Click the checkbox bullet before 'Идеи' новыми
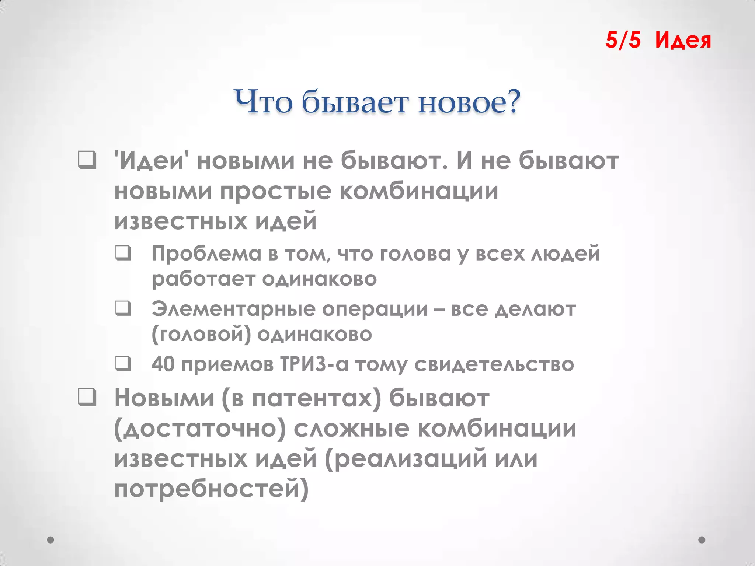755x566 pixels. point(87,160)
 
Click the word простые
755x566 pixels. point(276,192)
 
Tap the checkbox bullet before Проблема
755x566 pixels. point(123,253)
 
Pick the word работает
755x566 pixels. point(203,279)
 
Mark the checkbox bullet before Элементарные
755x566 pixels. point(123,308)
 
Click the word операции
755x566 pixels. point(375,309)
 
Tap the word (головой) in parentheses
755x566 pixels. point(201,334)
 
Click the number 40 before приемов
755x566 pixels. point(163,364)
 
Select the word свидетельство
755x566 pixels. point(494,364)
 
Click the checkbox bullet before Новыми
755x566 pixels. point(87,398)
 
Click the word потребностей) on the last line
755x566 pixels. point(211,489)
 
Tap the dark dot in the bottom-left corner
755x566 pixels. point(51,540)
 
